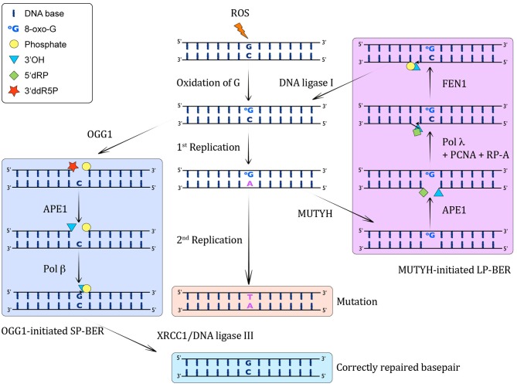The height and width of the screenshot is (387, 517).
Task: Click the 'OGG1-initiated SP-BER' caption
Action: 56,330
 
